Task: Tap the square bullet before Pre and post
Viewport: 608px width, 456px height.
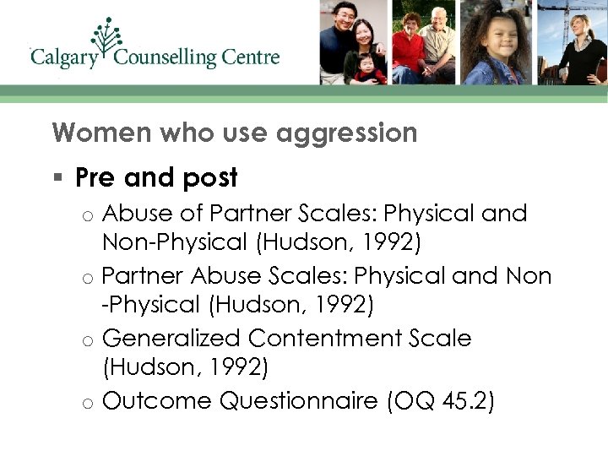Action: coord(57,178)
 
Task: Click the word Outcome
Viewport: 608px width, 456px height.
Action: coord(157,401)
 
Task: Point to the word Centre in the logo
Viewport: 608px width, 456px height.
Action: coord(252,57)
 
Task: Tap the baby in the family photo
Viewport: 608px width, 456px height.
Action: coord(369,67)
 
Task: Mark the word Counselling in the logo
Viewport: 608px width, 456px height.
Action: coord(165,58)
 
